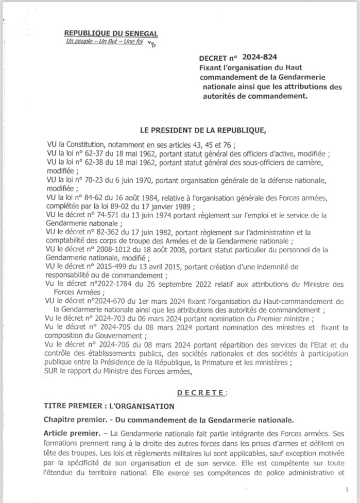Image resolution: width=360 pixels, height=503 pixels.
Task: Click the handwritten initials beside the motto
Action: point(137,45)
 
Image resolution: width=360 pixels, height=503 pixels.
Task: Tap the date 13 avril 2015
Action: point(143,268)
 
